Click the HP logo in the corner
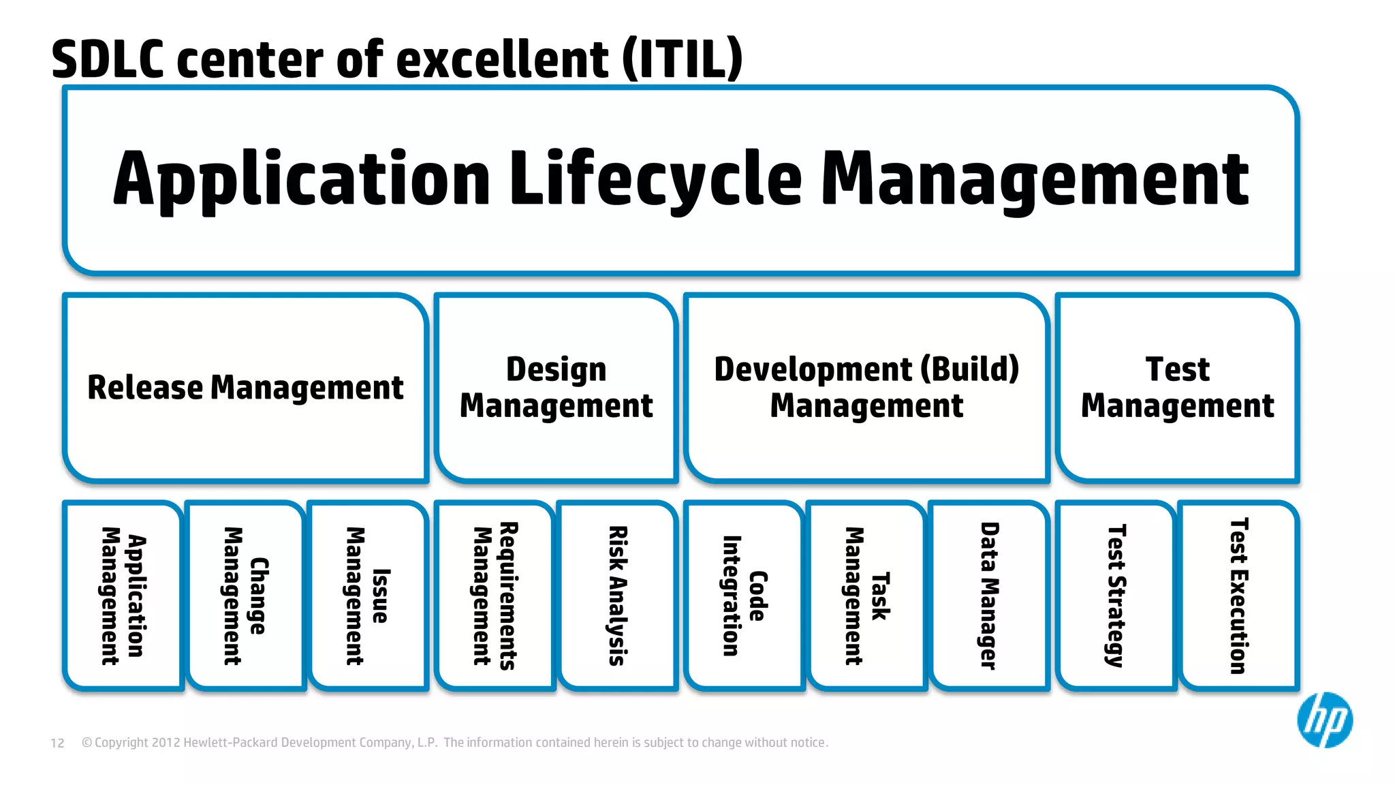click(x=1324, y=720)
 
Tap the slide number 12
click(x=57, y=743)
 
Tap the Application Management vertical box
click(x=123, y=596)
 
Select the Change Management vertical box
click(x=245, y=596)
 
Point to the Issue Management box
click(x=368, y=596)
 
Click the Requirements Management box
click(x=495, y=596)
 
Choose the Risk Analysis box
click(x=617, y=596)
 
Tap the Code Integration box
click(x=744, y=596)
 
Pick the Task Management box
click(x=866, y=596)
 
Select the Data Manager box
click(x=989, y=596)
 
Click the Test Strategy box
click(x=1116, y=596)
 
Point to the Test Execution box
click(x=1238, y=596)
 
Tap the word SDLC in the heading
click(x=108, y=60)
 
